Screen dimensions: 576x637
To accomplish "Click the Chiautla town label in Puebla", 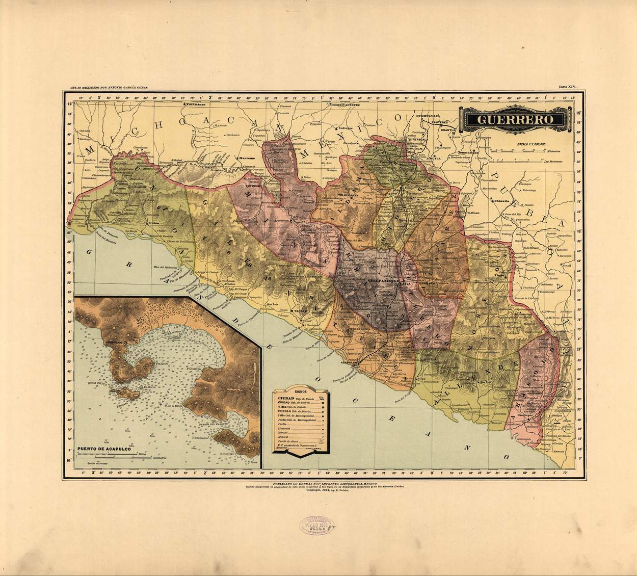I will coord(501,201).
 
